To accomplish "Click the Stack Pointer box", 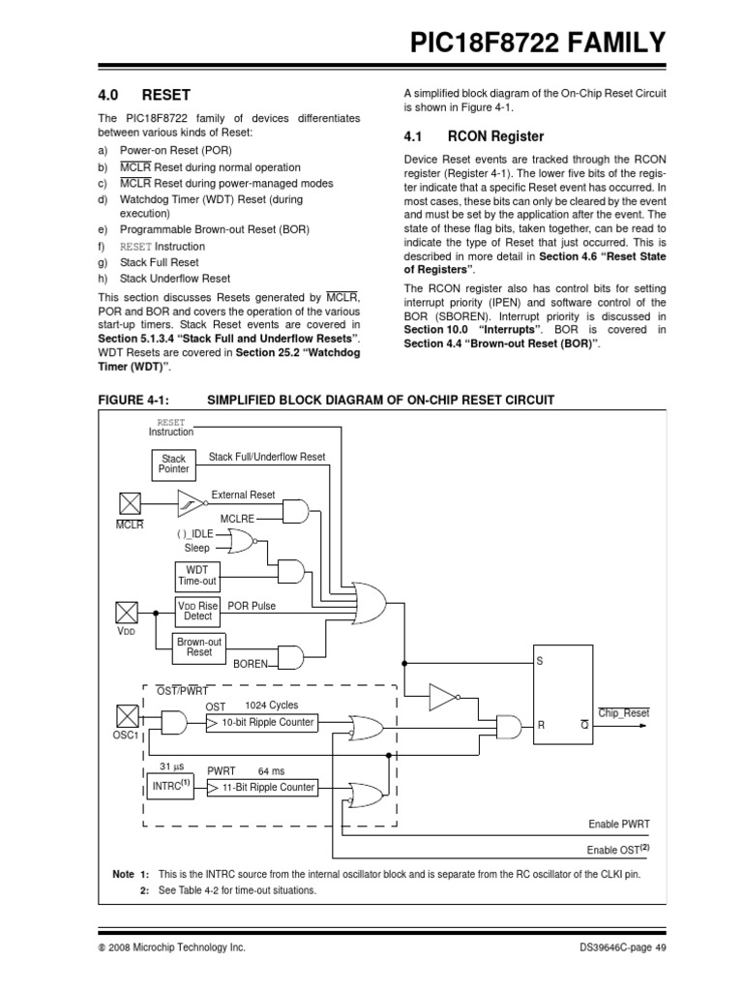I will [174, 464].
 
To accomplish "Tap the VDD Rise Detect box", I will [197, 610].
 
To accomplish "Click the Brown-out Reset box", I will [198, 646].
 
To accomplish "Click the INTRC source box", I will [170, 787].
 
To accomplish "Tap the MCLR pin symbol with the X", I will [130, 502].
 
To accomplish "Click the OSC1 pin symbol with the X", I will [130, 717].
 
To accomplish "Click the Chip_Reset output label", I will [624, 713].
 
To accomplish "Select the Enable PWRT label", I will [619, 824].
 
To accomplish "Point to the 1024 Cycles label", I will [273, 705].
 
